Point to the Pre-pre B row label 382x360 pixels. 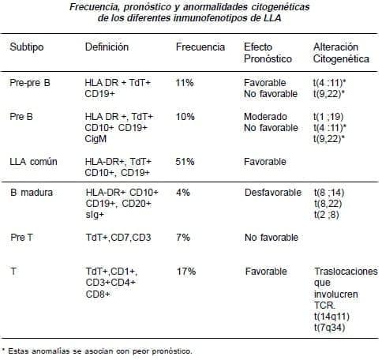click(31, 82)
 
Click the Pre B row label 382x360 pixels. click(21, 116)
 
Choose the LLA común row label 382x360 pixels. click(33, 162)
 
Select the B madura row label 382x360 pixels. click(29, 193)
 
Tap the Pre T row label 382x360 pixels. click(21, 237)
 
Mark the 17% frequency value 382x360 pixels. click(186, 272)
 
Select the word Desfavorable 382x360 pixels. click(272, 193)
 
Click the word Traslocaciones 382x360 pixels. click(346, 272)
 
